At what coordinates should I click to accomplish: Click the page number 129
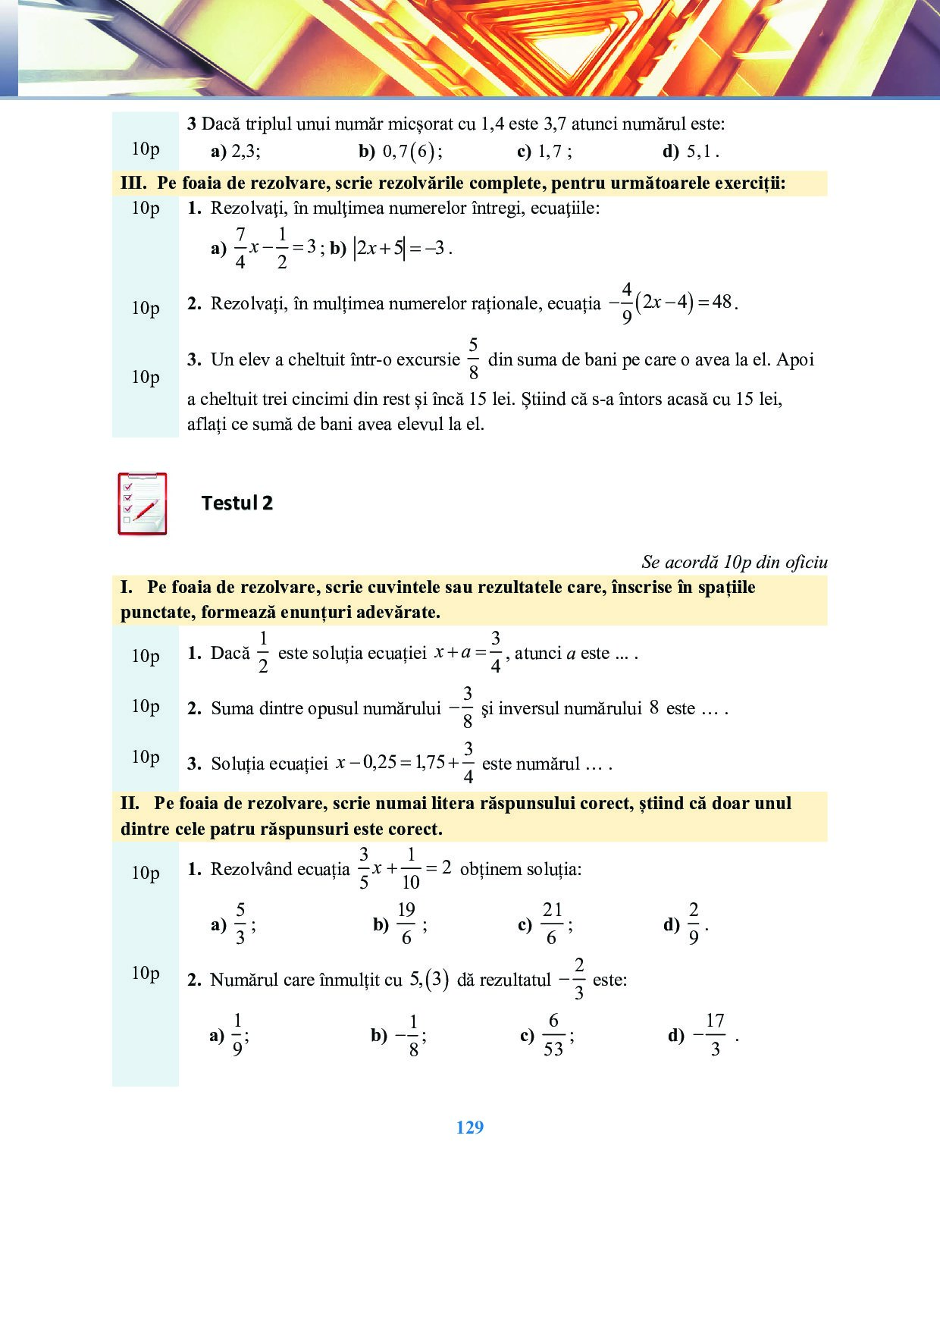tap(470, 1128)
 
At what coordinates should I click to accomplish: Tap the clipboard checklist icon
tap(143, 503)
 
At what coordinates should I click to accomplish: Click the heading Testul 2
tap(237, 503)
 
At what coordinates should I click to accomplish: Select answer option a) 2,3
tap(236, 151)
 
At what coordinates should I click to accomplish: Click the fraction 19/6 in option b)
tap(406, 924)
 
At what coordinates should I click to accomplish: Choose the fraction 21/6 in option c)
tap(552, 924)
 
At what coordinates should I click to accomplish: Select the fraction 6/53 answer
tap(553, 1034)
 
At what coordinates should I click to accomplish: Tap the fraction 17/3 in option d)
tap(714, 1034)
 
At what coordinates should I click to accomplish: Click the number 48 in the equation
tap(722, 302)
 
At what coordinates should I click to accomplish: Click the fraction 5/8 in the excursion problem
tap(473, 359)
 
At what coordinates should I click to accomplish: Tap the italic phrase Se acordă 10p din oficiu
tap(734, 562)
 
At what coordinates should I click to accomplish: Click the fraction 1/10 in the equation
tap(410, 868)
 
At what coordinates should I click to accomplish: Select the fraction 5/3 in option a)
tap(240, 924)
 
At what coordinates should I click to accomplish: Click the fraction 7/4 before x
tap(240, 248)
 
